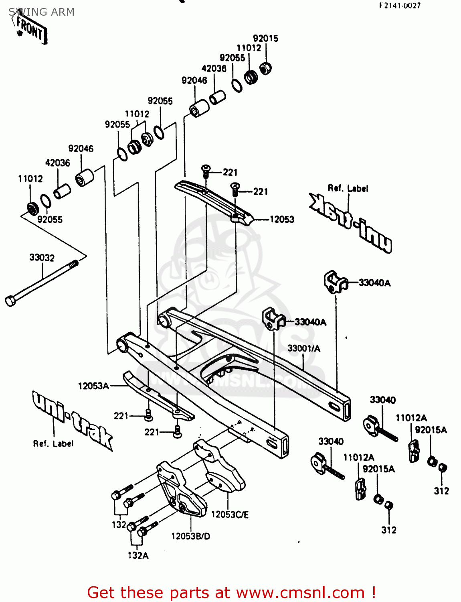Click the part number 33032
click(42, 258)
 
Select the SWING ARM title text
click(41, 12)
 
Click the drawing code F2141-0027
click(400, 6)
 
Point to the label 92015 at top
click(265, 39)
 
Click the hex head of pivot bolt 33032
click(10, 301)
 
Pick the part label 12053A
click(93, 386)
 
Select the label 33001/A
click(304, 348)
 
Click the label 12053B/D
click(190, 536)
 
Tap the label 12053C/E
click(230, 515)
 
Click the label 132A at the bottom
click(138, 555)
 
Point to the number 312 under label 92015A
click(441, 491)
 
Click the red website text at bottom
click(231, 592)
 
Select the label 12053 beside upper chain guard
click(282, 220)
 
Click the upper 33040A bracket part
click(334, 281)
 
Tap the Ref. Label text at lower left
click(53, 443)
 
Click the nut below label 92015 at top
click(265, 68)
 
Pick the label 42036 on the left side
click(58, 163)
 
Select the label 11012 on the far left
click(30, 179)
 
